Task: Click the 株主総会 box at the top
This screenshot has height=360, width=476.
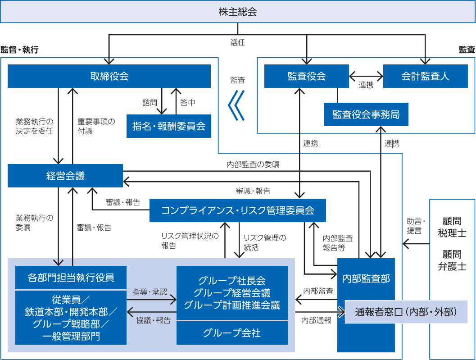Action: pos(238,12)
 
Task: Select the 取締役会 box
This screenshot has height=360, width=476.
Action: pos(109,76)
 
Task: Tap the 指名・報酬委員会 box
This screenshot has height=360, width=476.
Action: pos(169,126)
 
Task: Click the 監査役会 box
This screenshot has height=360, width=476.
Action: pos(306,76)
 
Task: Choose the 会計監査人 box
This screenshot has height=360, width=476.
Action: pos(425,76)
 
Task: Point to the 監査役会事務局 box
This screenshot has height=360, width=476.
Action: pos(366,114)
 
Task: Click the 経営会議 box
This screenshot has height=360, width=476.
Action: pos(65,176)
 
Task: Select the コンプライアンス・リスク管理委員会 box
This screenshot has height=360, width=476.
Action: pos(237,210)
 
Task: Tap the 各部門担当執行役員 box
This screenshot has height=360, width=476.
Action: pos(71,278)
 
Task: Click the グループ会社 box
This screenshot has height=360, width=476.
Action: pos(232,333)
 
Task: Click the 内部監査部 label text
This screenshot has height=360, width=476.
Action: pos(366,278)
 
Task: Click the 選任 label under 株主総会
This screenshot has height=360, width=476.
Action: pos(238,43)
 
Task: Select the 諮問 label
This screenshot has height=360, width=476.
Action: pos(150,103)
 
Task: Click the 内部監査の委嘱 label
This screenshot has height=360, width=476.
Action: pos(253,164)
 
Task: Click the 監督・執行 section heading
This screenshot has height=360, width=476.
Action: pos(20,50)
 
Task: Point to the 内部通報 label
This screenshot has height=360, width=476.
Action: pos(316,320)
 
